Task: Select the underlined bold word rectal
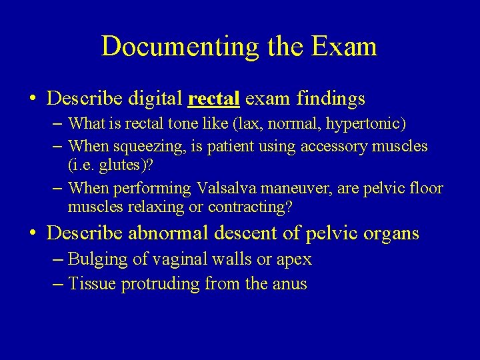[x=214, y=99]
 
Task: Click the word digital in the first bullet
[x=157, y=99]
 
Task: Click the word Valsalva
[x=226, y=189]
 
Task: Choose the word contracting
[x=250, y=207]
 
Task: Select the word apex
[x=294, y=259]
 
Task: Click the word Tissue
[x=91, y=284]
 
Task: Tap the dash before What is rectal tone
[x=57, y=123]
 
